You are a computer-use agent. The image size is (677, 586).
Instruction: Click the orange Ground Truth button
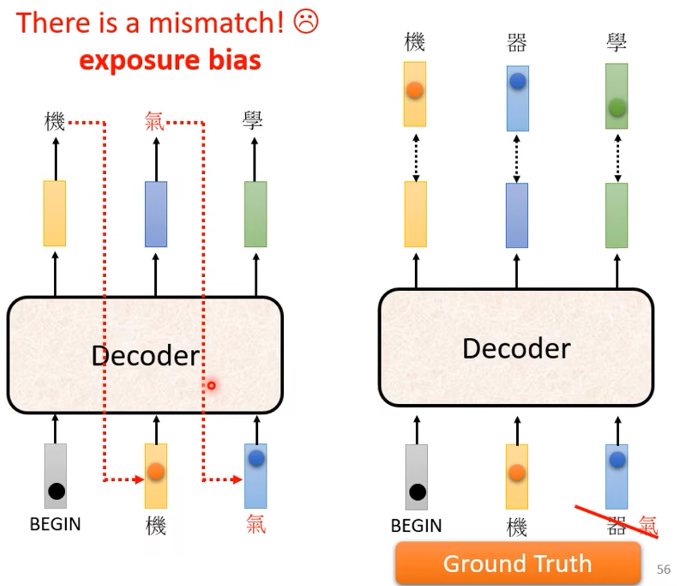[x=517, y=563]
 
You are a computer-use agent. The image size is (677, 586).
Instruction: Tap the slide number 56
[x=663, y=569]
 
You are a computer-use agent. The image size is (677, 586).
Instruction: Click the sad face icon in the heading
[x=306, y=22]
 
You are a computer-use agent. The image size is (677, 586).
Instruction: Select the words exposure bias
[x=170, y=60]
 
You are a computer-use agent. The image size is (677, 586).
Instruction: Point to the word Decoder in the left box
[x=146, y=356]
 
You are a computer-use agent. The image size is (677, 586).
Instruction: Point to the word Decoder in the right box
[x=516, y=348]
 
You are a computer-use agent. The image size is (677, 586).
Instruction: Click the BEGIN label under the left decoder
[x=55, y=524]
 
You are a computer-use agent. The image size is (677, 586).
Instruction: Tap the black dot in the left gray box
[x=56, y=491]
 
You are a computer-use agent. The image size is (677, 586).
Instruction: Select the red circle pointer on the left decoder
[x=212, y=385]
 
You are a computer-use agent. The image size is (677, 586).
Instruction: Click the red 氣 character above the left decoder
[x=154, y=121]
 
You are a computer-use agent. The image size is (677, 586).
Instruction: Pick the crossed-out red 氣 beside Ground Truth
[x=648, y=525]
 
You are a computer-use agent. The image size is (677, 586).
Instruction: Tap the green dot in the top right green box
[x=617, y=106]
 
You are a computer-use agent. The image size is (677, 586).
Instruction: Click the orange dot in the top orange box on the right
[x=415, y=90]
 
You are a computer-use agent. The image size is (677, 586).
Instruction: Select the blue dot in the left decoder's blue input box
[x=256, y=458]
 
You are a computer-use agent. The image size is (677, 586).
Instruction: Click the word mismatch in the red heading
[x=216, y=23]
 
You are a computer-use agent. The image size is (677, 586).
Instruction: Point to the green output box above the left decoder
[x=256, y=214]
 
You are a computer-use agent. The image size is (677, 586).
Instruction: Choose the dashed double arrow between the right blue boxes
[x=517, y=158]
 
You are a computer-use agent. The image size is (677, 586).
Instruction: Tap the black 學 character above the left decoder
[x=253, y=121]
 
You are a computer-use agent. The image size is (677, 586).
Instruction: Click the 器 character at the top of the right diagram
[x=517, y=42]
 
